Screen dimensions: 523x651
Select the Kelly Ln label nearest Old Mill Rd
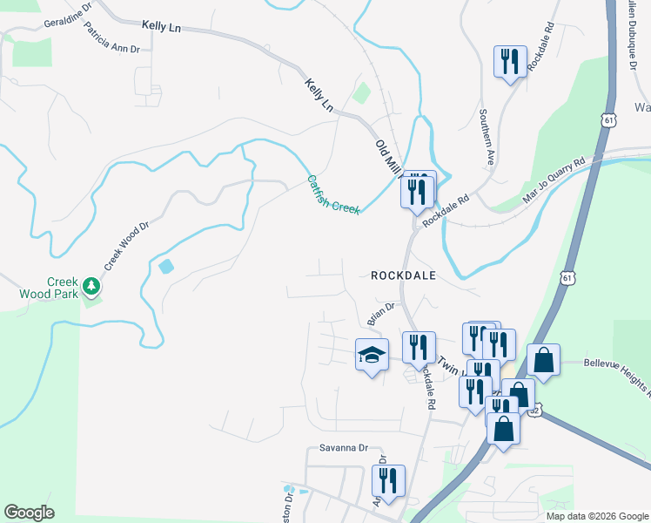[x=320, y=95]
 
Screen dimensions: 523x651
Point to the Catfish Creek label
[x=333, y=194]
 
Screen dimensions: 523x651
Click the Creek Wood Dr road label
[x=127, y=245]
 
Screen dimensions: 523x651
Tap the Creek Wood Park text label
[x=49, y=288]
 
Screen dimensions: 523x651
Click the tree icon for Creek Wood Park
[x=91, y=286]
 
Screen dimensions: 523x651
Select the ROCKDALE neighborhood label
[x=402, y=275]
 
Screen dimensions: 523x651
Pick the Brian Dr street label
[x=381, y=314]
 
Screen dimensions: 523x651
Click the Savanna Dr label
[x=338, y=448]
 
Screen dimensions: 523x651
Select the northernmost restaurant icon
[x=510, y=61]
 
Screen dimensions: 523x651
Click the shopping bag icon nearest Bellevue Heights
[x=543, y=359]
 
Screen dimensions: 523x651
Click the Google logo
[x=30, y=513]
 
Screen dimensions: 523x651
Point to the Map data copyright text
[x=597, y=516]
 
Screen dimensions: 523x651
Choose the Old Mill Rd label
[x=386, y=157]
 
